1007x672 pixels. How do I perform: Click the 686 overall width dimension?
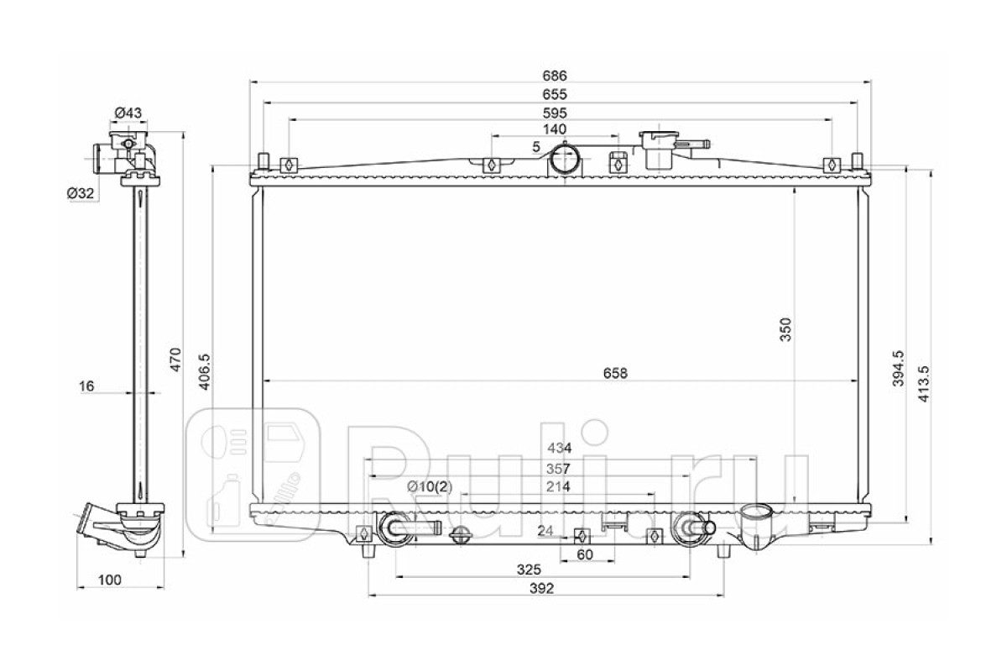(555, 76)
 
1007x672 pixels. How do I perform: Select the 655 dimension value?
(555, 95)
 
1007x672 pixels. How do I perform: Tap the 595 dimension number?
(555, 113)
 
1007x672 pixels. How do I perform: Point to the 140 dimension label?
(555, 129)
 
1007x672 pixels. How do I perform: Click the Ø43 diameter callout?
(128, 113)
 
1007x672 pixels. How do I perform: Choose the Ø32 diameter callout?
(81, 193)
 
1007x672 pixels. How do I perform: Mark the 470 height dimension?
(175, 360)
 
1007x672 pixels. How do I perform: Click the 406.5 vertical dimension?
(204, 372)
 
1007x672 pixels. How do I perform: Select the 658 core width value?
(615, 373)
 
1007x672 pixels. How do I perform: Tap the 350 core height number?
(785, 329)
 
